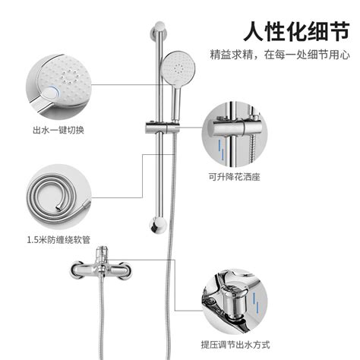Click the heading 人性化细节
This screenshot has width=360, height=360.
[x=296, y=31]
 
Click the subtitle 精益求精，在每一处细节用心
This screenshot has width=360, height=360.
[x=280, y=55]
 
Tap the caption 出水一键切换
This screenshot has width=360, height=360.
[x=58, y=130]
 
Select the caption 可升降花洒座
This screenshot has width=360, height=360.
[x=234, y=176]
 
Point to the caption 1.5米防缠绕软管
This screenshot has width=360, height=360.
[x=58, y=239]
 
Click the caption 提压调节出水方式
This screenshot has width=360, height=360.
[x=235, y=345]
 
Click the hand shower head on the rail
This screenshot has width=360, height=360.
[x=178, y=67]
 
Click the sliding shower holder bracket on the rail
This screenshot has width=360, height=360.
[x=163, y=128]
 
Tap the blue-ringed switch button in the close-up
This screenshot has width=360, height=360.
[x=52, y=94]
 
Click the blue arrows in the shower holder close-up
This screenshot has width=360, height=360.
[x=221, y=150]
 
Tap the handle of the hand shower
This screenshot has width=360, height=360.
[x=175, y=103]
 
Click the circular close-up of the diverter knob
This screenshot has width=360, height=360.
[x=235, y=302]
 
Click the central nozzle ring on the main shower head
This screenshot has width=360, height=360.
[x=179, y=68]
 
